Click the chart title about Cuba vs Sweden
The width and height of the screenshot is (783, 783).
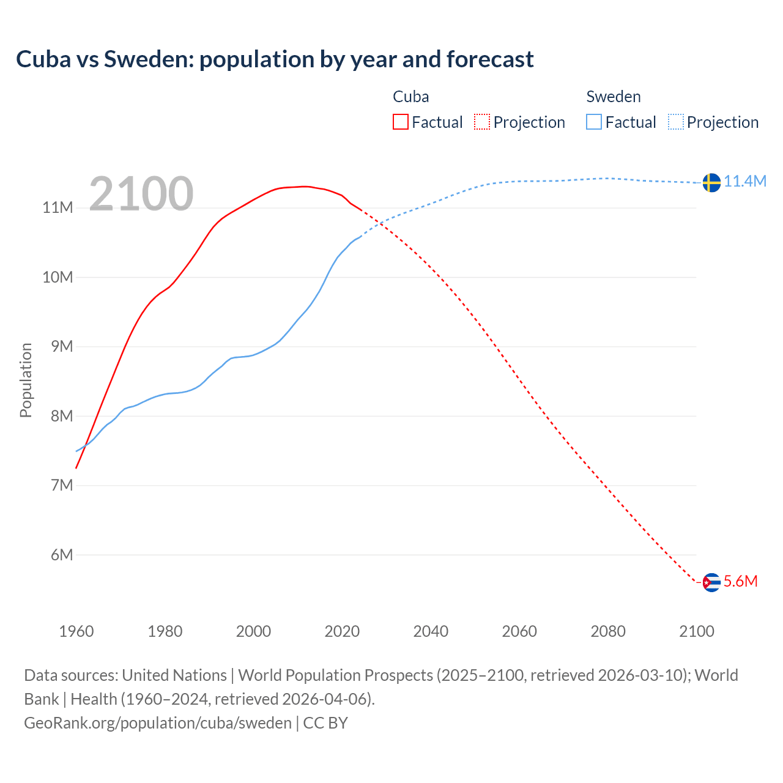(275, 59)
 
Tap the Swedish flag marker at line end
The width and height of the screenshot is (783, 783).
(711, 182)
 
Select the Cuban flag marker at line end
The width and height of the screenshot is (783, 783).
(711, 582)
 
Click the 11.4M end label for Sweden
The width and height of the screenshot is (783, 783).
(745, 182)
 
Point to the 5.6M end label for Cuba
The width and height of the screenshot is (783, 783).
(740, 582)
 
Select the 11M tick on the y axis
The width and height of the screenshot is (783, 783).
(58, 208)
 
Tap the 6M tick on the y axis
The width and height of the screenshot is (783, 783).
(61, 555)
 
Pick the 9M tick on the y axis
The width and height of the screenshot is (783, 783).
(61, 347)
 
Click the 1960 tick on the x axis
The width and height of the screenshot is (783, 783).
(76, 631)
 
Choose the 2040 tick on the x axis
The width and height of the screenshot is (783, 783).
(431, 631)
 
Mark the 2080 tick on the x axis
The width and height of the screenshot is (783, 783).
(608, 631)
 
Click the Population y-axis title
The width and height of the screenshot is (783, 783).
(26, 380)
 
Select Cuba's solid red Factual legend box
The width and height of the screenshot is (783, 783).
(401, 122)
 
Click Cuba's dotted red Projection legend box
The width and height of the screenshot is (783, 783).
(482, 122)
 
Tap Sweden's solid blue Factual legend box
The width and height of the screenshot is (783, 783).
(594, 122)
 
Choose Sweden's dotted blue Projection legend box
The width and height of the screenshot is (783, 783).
(675, 122)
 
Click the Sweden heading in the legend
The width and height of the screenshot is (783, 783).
(614, 97)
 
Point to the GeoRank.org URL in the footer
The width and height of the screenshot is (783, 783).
(158, 723)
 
